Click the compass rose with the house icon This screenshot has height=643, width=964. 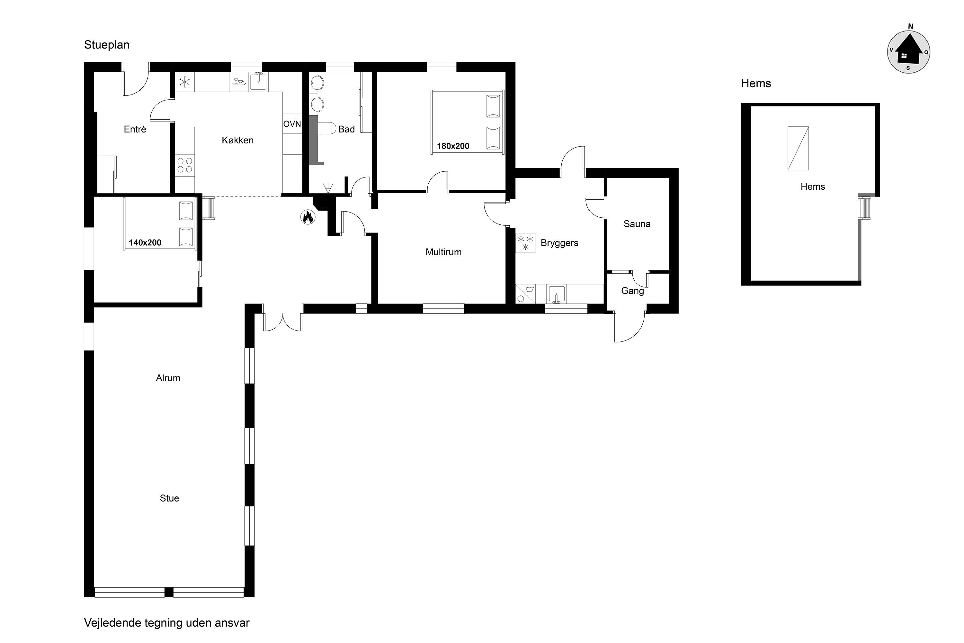click(909, 52)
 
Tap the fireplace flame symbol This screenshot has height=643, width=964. click(308, 217)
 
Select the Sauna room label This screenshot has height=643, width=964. click(637, 224)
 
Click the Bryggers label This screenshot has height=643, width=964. click(559, 243)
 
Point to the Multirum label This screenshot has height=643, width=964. click(443, 252)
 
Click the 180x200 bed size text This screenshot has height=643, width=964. click(453, 146)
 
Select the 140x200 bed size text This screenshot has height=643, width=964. click(145, 243)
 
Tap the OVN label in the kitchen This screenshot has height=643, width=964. click(292, 124)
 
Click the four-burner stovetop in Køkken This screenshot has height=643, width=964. click(185, 165)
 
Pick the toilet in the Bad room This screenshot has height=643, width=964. click(327, 128)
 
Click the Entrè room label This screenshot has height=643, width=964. click(135, 129)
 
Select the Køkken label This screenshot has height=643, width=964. click(238, 140)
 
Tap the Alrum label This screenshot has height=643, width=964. click(168, 378)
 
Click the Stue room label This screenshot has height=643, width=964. click(169, 498)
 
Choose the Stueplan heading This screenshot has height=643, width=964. click(107, 45)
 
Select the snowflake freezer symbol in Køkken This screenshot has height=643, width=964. click(184, 82)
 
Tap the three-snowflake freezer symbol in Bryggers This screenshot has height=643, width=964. click(525, 243)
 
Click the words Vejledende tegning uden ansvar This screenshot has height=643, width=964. click(167, 623)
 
